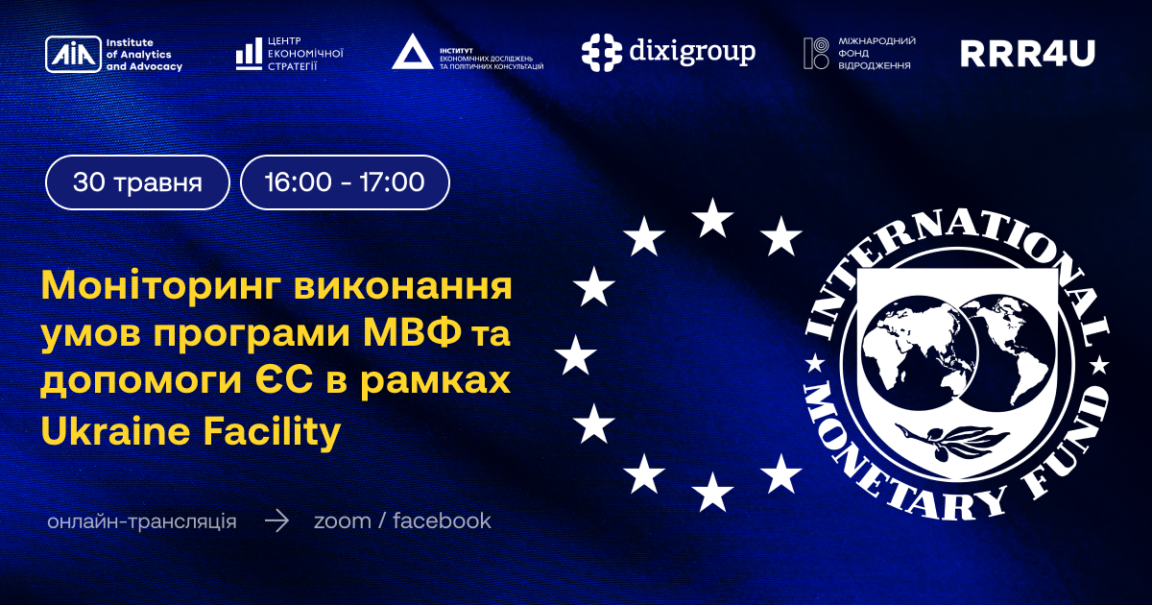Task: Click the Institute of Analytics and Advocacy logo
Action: (x=113, y=54)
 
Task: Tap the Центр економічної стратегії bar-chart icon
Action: (x=249, y=54)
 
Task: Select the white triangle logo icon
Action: (x=412, y=52)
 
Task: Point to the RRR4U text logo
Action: (x=1027, y=54)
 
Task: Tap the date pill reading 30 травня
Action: (x=137, y=182)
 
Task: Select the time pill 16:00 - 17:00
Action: (x=345, y=182)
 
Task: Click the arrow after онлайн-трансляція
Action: (x=276, y=521)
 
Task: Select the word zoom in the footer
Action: (x=342, y=521)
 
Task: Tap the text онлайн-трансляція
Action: (x=141, y=521)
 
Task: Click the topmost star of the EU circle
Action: (x=712, y=219)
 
